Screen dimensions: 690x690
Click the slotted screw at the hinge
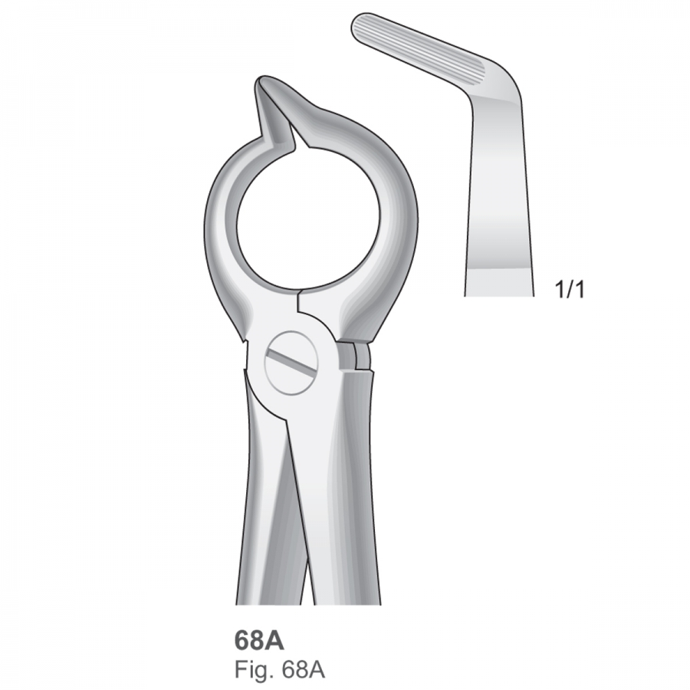[291, 363]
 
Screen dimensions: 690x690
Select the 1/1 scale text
[570, 290]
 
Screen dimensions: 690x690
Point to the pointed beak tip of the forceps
[261, 80]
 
